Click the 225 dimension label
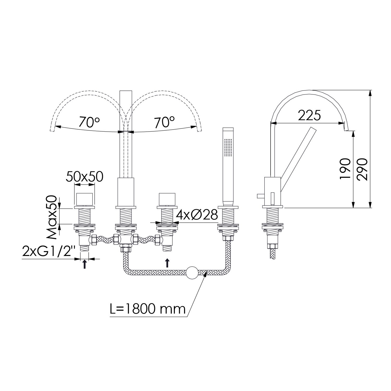[x=309, y=115]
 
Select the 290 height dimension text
[x=362, y=169]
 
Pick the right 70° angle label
[x=164, y=122]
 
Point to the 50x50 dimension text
[x=84, y=177]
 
